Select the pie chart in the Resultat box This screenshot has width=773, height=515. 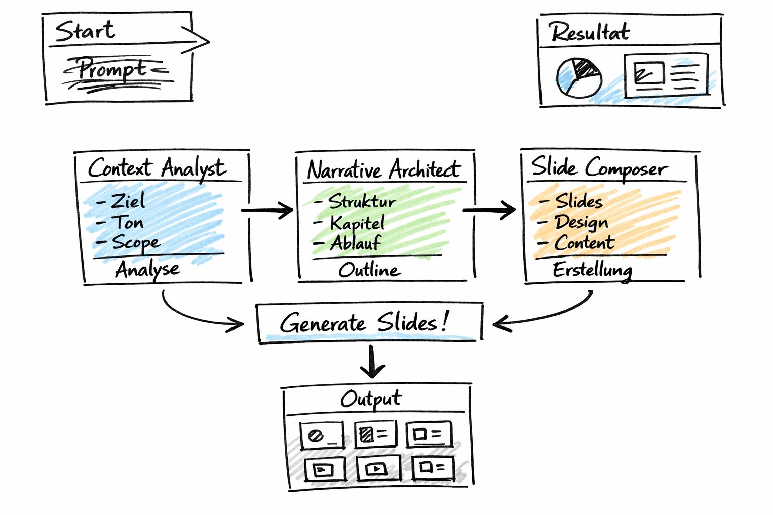pyautogui.click(x=579, y=77)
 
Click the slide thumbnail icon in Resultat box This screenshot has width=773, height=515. pyautogui.click(x=666, y=75)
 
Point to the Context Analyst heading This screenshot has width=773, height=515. pyautogui.click(x=157, y=168)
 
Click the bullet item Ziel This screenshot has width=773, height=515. pyautogui.click(x=127, y=201)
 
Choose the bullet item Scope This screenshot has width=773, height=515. pyautogui.click(x=135, y=242)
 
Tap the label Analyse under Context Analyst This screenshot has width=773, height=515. pyautogui.click(x=147, y=270)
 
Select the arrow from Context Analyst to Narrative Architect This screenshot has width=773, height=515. pyautogui.click(x=267, y=210)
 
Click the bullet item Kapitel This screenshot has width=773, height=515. pyautogui.click(x=356, y=223)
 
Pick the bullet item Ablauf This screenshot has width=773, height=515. pyautogui.click(x=355, y=243)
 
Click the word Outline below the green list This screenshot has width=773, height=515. pyautogui.click(x=369, y=270)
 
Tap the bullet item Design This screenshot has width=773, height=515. pyautogui.click(x=581, y=222)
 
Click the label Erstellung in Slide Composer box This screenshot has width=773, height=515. pyautogui.click(x=592, y=270)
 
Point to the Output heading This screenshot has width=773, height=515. pyautogui.click(x=371, y=399)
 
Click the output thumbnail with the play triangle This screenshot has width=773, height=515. pyautogui.click(x=378, y=469)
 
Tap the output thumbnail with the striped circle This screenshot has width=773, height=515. pyautogui.click(x=322, y=435)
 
